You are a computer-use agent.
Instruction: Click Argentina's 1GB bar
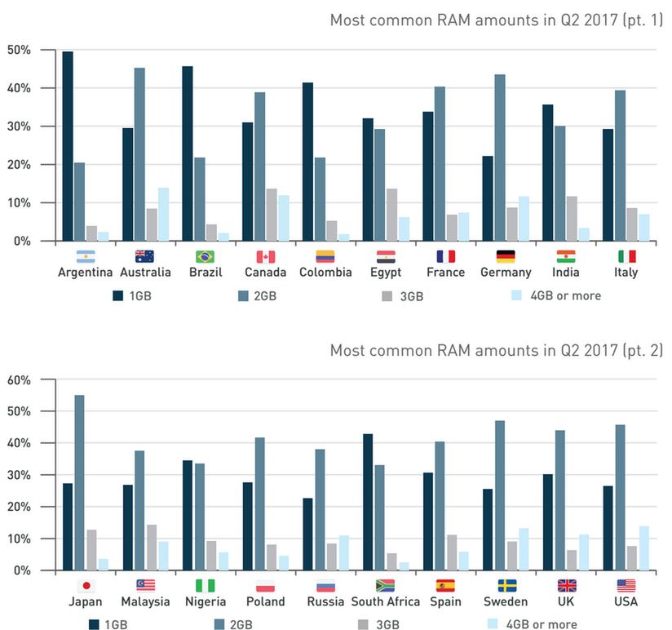click(x=68, y=146)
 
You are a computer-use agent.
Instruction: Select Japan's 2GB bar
click(x=79, y=482)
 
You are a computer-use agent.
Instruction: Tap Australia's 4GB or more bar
click(x=164, y=214)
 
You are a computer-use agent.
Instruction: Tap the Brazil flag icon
click(x=205, y=256)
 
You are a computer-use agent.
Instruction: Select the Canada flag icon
click(x=265, y=256)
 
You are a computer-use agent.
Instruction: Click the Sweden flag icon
click(x=506, y=585)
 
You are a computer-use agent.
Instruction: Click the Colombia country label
click(x=325, y=273)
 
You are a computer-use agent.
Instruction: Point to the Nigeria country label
click(x=205, y=601)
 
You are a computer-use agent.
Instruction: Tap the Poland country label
click(x=265, y=601)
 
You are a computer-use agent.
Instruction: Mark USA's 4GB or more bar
click(x=645, y=548)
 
